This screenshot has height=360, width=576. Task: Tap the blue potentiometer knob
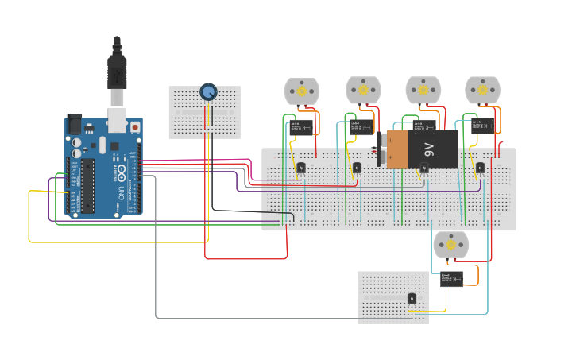point(208,92)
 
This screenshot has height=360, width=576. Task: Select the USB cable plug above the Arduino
point(117,72)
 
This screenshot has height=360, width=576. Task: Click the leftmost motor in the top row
point(302,91)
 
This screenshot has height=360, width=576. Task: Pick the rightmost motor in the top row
point(482,91)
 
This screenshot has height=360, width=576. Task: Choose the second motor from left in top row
point(363,90)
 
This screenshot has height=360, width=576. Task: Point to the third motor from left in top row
point(423,90)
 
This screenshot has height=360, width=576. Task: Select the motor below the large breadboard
point(450,245)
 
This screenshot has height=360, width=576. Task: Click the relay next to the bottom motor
point(452,278)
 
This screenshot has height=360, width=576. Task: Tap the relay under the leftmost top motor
point(300,127)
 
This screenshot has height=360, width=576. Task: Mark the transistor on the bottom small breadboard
point(412,299)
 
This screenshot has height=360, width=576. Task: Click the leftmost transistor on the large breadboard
point(301,168)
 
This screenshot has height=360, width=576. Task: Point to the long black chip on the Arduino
point(87,187)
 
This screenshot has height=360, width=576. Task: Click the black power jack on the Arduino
point(74,124)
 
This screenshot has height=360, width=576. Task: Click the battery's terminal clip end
point(383,149)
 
